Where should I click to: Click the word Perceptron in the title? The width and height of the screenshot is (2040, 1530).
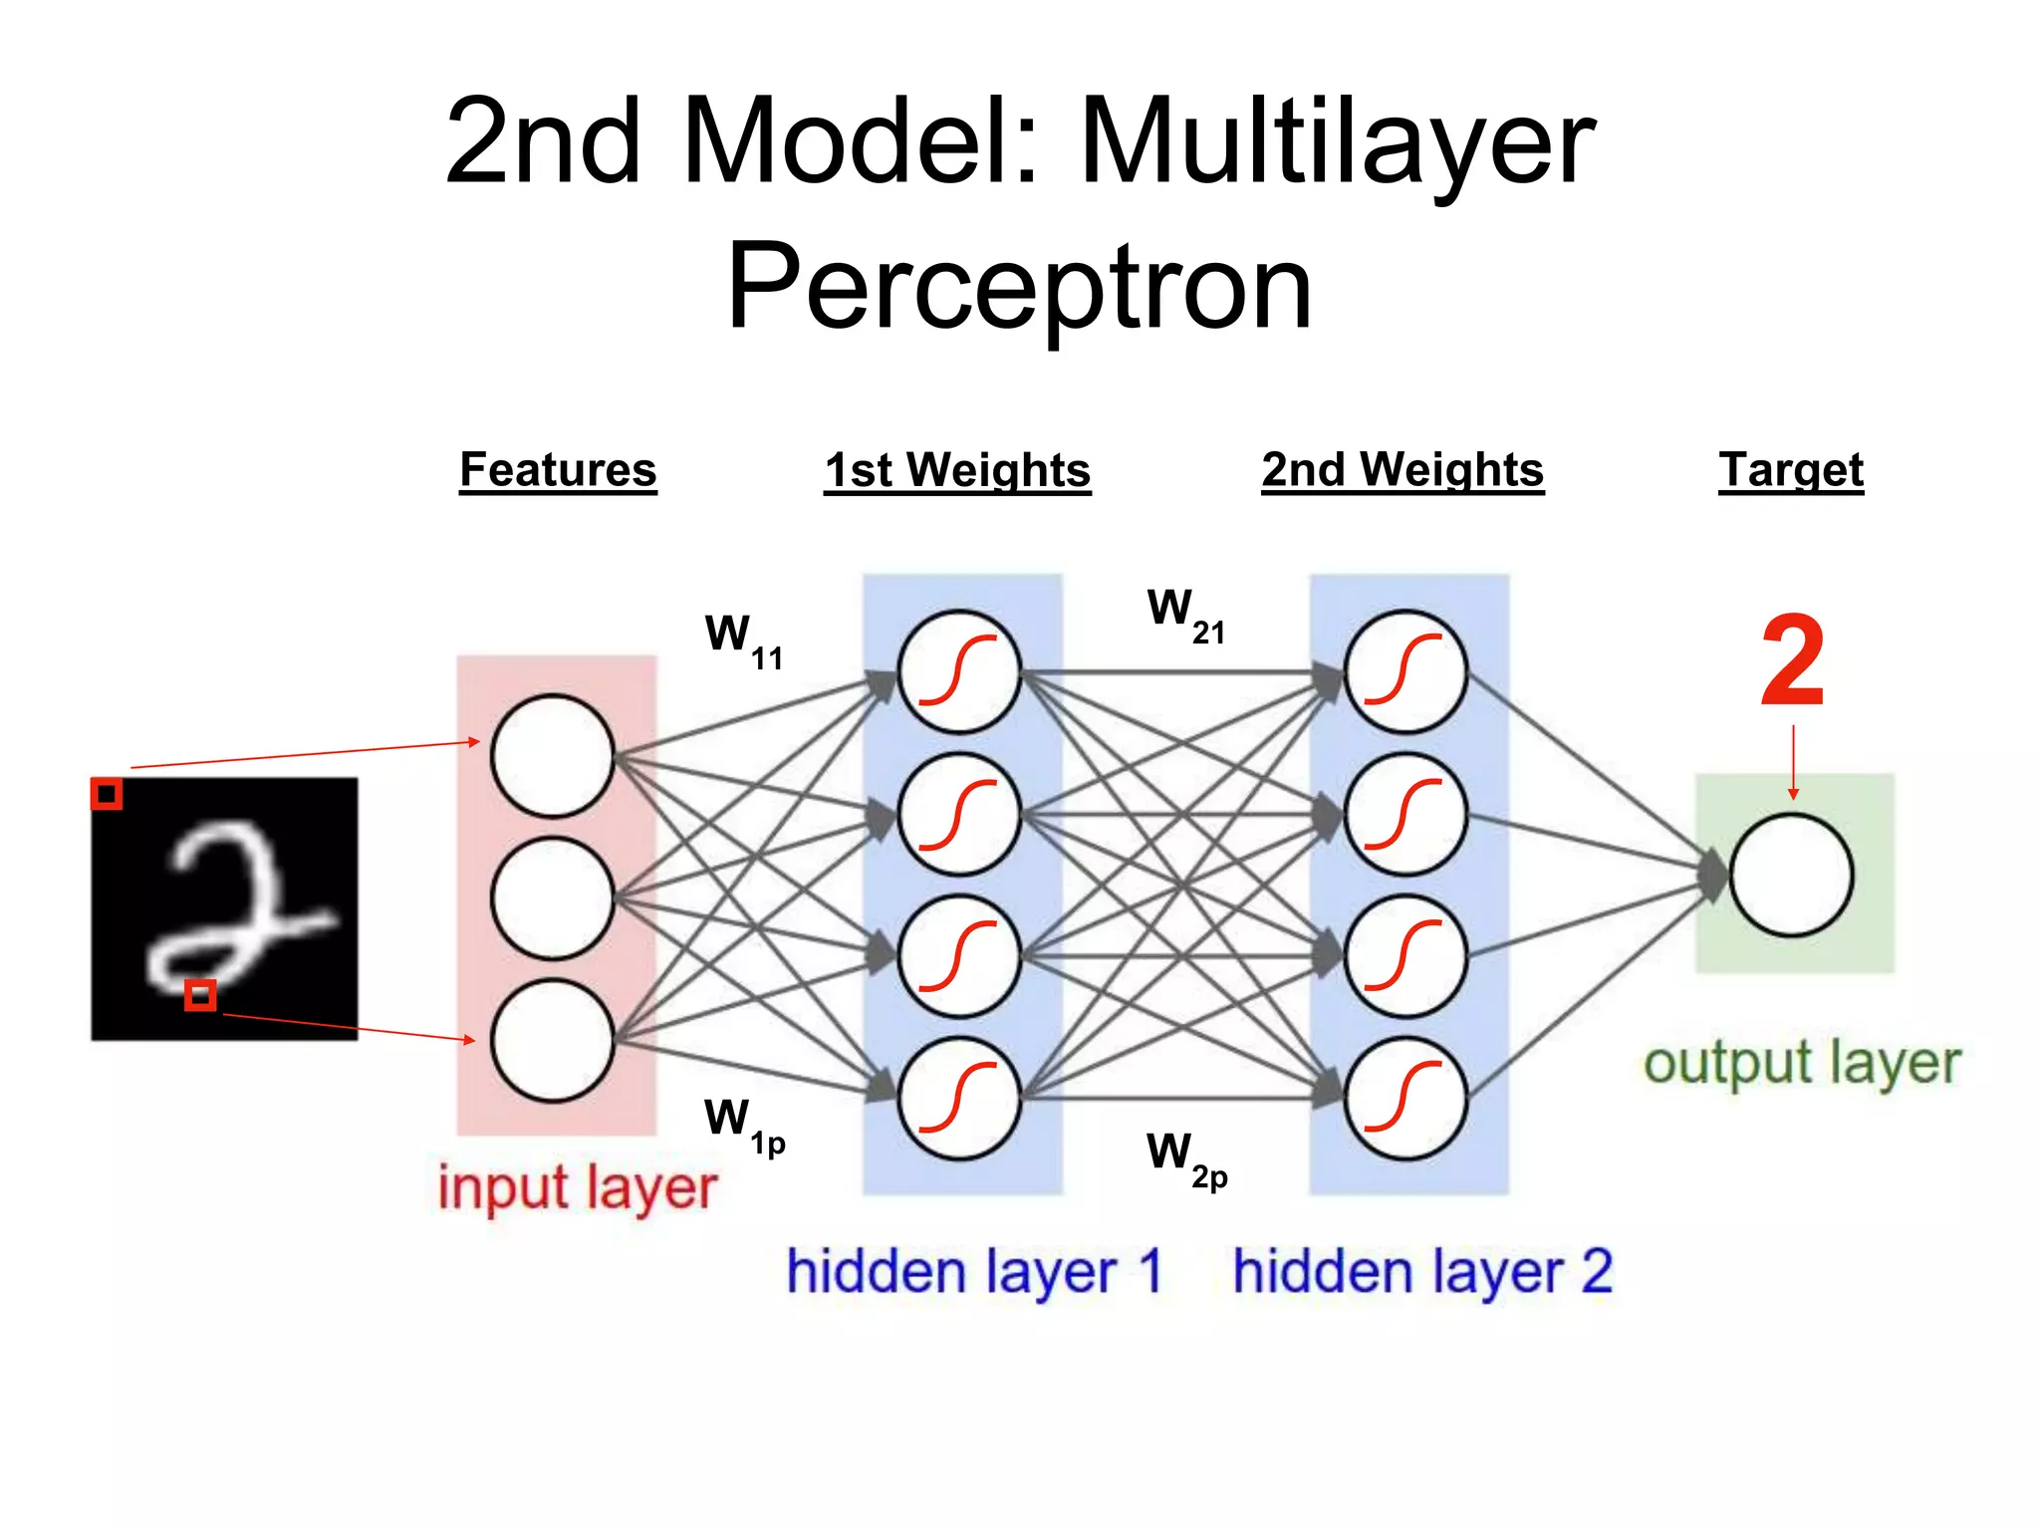[1019, 289]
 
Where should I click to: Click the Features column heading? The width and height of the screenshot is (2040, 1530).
[558, 469]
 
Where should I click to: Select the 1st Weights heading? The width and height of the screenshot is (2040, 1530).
[957, 469]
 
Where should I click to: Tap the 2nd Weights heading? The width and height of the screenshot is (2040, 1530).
[1402, 469]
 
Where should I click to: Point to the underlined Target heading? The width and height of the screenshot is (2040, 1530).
[1790, 469]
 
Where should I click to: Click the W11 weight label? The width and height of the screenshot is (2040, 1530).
[742, 639]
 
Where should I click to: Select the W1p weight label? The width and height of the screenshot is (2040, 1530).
[743, 1124]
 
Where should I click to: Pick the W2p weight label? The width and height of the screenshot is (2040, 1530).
[1185, 1157]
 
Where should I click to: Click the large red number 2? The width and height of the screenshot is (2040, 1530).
[1792, 661]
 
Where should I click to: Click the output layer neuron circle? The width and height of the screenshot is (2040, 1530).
[1791, 875]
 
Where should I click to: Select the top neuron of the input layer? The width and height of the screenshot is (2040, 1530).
[552, 756]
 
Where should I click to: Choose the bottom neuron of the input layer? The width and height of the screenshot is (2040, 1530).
[552, 1040]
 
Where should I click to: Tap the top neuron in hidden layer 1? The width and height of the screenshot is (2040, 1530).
[959, 671]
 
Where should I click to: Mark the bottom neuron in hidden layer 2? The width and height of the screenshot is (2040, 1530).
[1404, 1098]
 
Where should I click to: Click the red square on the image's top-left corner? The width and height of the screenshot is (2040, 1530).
[107, 794]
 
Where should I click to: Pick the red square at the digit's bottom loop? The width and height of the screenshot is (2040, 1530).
[200, 994]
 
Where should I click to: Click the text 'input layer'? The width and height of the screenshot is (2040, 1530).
[577, 1188]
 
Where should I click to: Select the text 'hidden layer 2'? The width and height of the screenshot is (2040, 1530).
[1421, 1272]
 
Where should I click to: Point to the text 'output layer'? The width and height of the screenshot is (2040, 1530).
[1801, 1064]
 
